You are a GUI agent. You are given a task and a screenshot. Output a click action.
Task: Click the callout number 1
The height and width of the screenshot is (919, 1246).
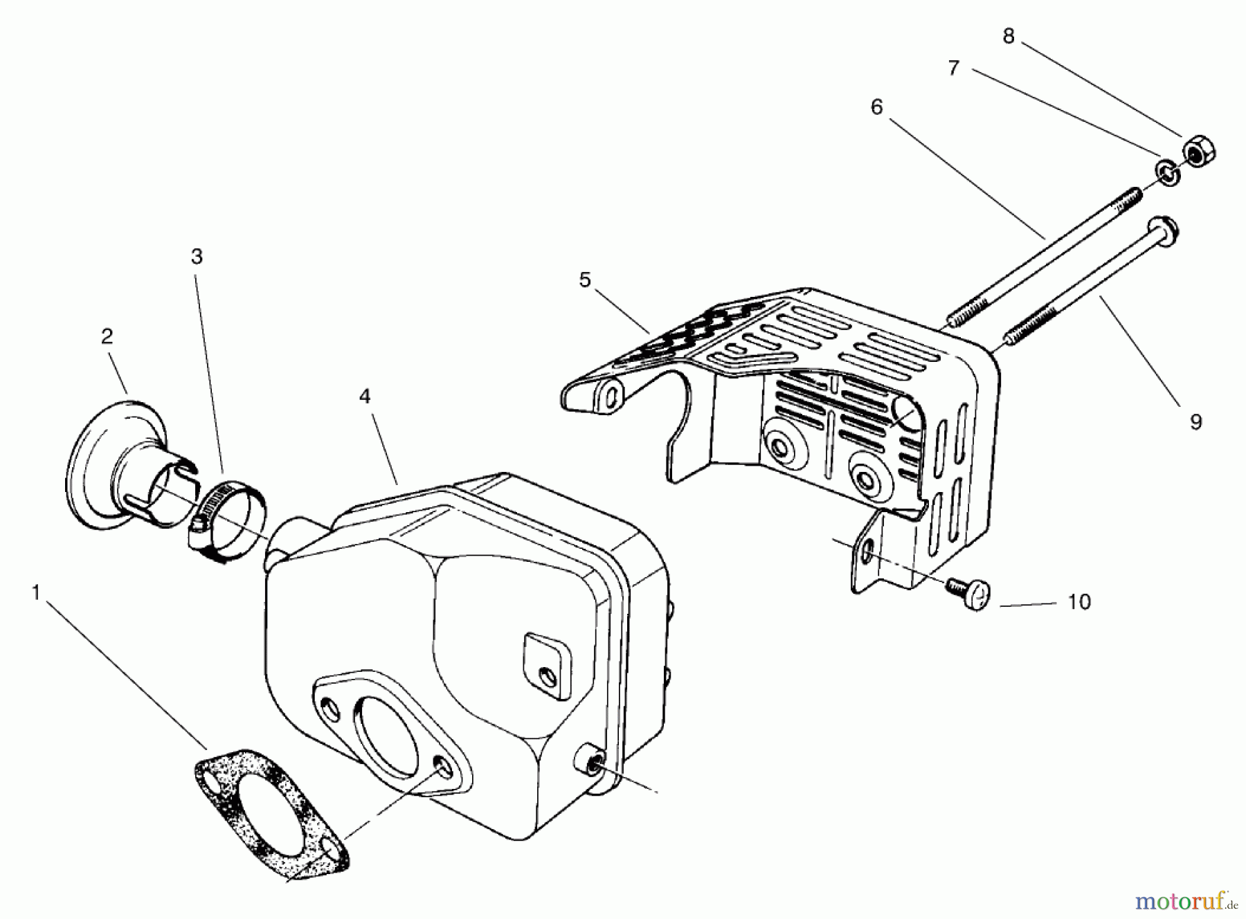[36, 593]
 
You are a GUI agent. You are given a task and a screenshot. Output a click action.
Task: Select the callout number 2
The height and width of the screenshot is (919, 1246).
[107, 336]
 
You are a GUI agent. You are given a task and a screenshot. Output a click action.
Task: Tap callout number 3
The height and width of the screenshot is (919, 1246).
[197, 257]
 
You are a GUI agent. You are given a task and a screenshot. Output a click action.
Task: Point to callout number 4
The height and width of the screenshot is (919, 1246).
[365, 397]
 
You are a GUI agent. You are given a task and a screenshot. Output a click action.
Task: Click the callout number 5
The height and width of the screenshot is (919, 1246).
[585, 280]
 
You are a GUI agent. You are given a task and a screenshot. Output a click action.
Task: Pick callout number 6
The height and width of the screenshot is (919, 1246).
[876, 107]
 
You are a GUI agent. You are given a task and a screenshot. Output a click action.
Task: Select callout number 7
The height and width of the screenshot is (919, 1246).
[954, 68]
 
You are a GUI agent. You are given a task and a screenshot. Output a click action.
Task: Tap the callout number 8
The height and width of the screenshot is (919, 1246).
[1008, 37]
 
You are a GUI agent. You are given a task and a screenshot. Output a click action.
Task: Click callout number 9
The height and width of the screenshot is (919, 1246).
[1195, 421]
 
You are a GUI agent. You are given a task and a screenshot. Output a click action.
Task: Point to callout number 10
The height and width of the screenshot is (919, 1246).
[1079, 602]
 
